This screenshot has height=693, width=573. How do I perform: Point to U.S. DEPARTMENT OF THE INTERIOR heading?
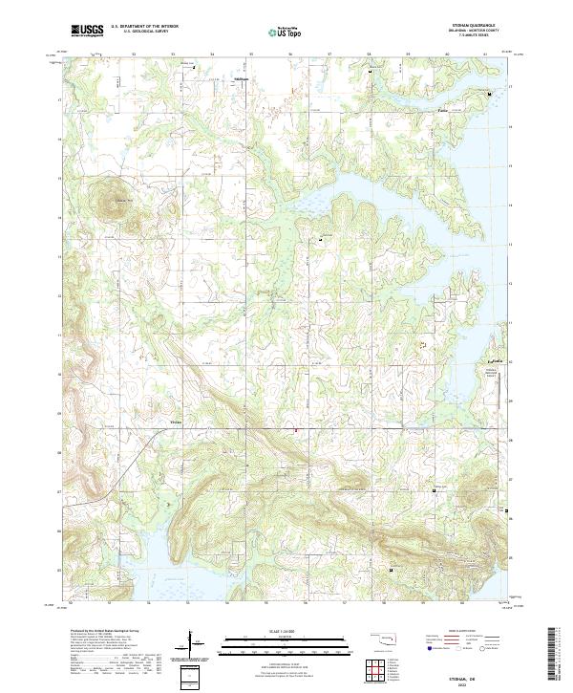point(144,26)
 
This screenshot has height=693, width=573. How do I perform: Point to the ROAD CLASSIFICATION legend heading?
point(457,629)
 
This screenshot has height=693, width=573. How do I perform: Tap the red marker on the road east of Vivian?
point(295,430)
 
